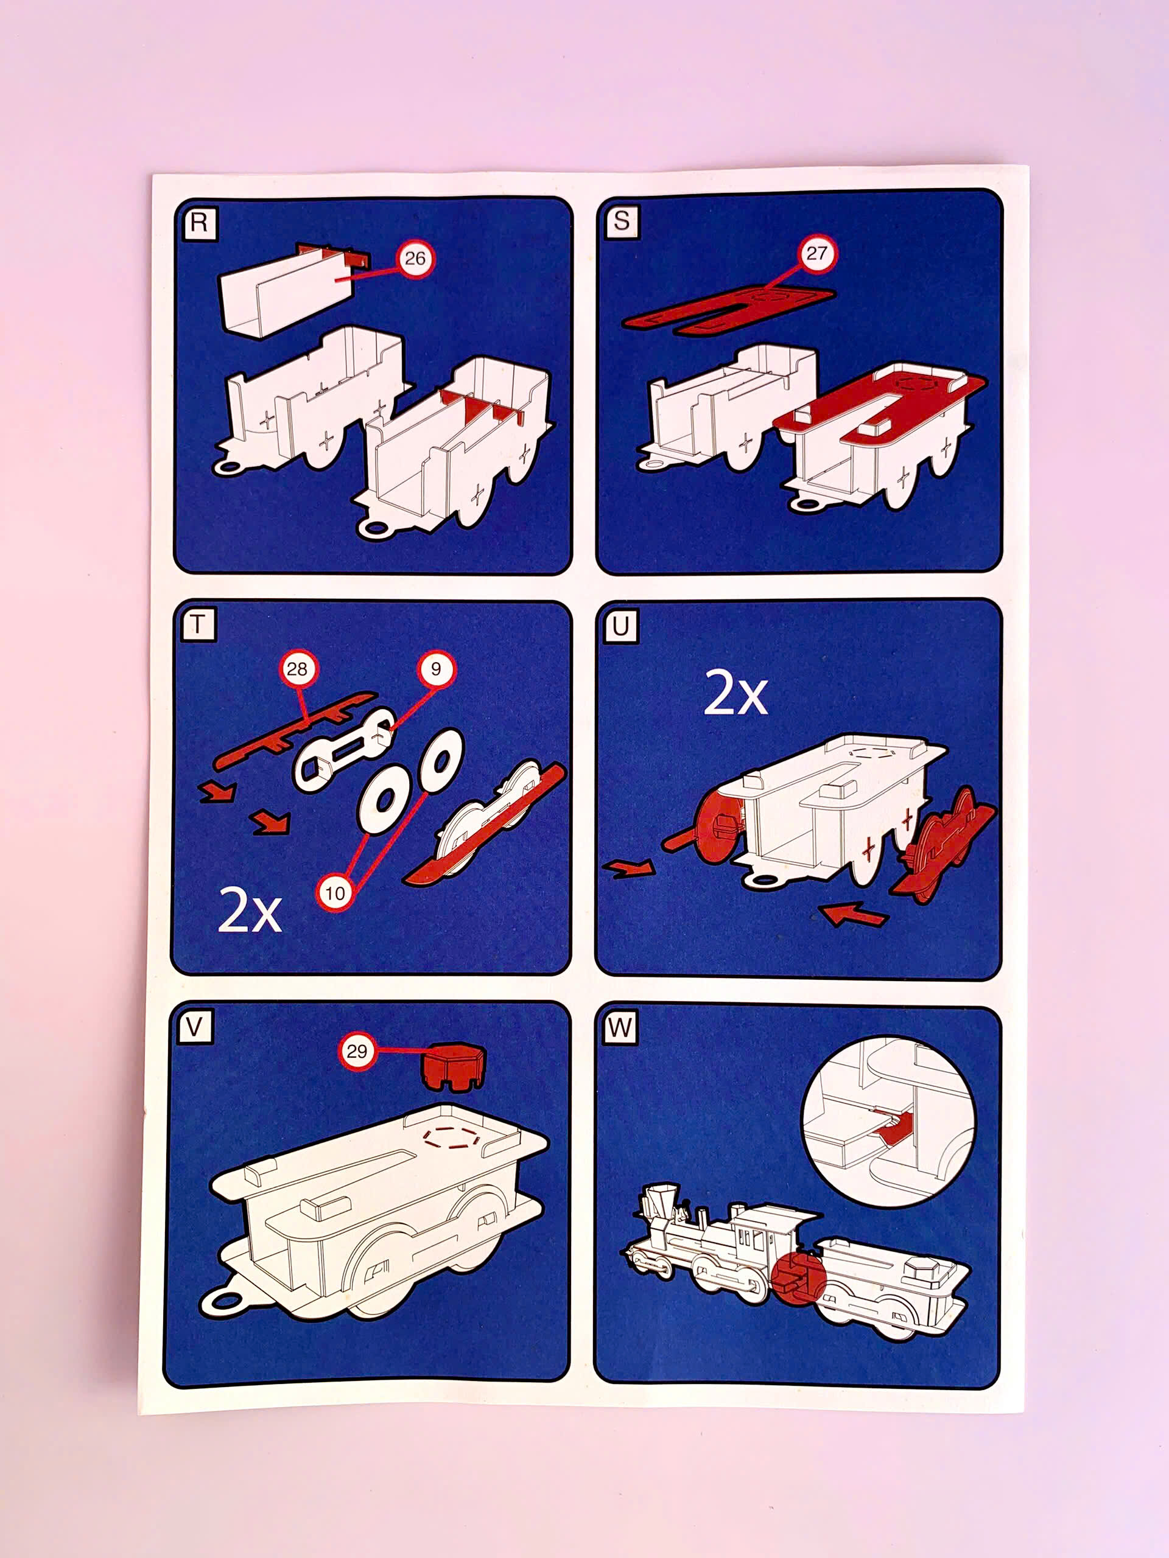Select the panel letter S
[x=621, y=220]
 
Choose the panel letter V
[x=194, y=1028]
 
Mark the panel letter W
[x=620, y=1028]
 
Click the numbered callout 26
[x=415, y=259]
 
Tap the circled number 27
[x=816, y=254]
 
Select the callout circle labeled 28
[x=297, y=668]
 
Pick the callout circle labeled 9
[x=435, y=668]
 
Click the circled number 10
[x=335, y=893]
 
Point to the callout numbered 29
[x=357, y=1052]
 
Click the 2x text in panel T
[x=250, y=909]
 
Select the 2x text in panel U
[x=735, y=693]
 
